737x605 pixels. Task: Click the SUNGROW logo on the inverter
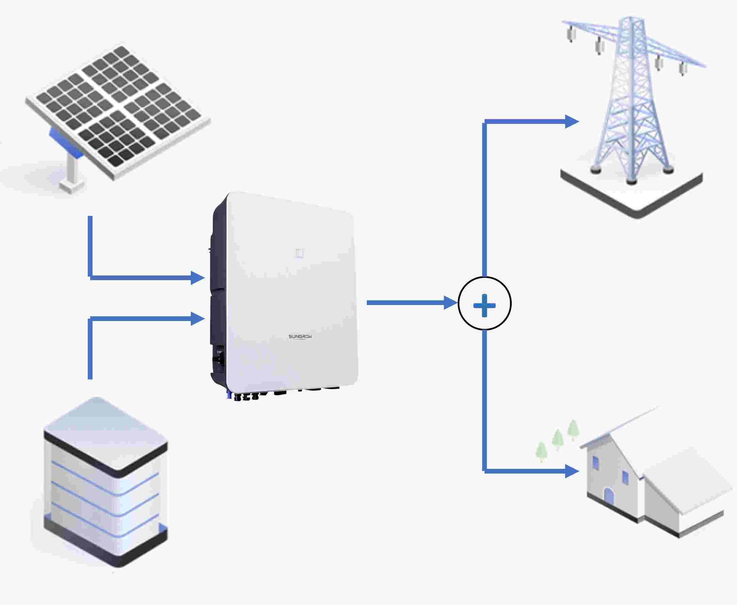(x=300, y=337)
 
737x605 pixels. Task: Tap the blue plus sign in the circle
(x=484, y=305)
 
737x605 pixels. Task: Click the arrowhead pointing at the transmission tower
(x=571, y=122)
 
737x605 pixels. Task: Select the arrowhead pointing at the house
(x=571, y=471)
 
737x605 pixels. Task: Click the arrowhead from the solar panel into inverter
(x=197, y=278)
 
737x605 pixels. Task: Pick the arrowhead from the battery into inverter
(x=197, y=319)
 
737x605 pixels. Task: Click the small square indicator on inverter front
(x=299, y=253)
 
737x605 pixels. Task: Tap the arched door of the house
(x=608, y=496)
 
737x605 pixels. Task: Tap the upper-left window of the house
(x=595, y=463)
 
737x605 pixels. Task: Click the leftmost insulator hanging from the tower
(x=571, y=35)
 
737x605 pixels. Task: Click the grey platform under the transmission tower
(x=631, y=198)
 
